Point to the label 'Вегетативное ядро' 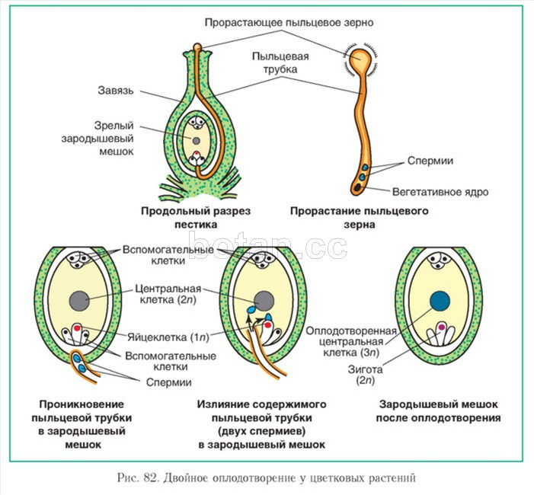(x=440, y=192)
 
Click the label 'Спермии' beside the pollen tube (x=430, y=161)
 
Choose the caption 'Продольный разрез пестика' (x=195, y=217)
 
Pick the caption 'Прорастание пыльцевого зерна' (x=359, y=217)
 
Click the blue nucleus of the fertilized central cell (x=440, y=302)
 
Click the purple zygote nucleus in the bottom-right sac (x=441, y=329)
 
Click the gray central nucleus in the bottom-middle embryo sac (x=264, y=299)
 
